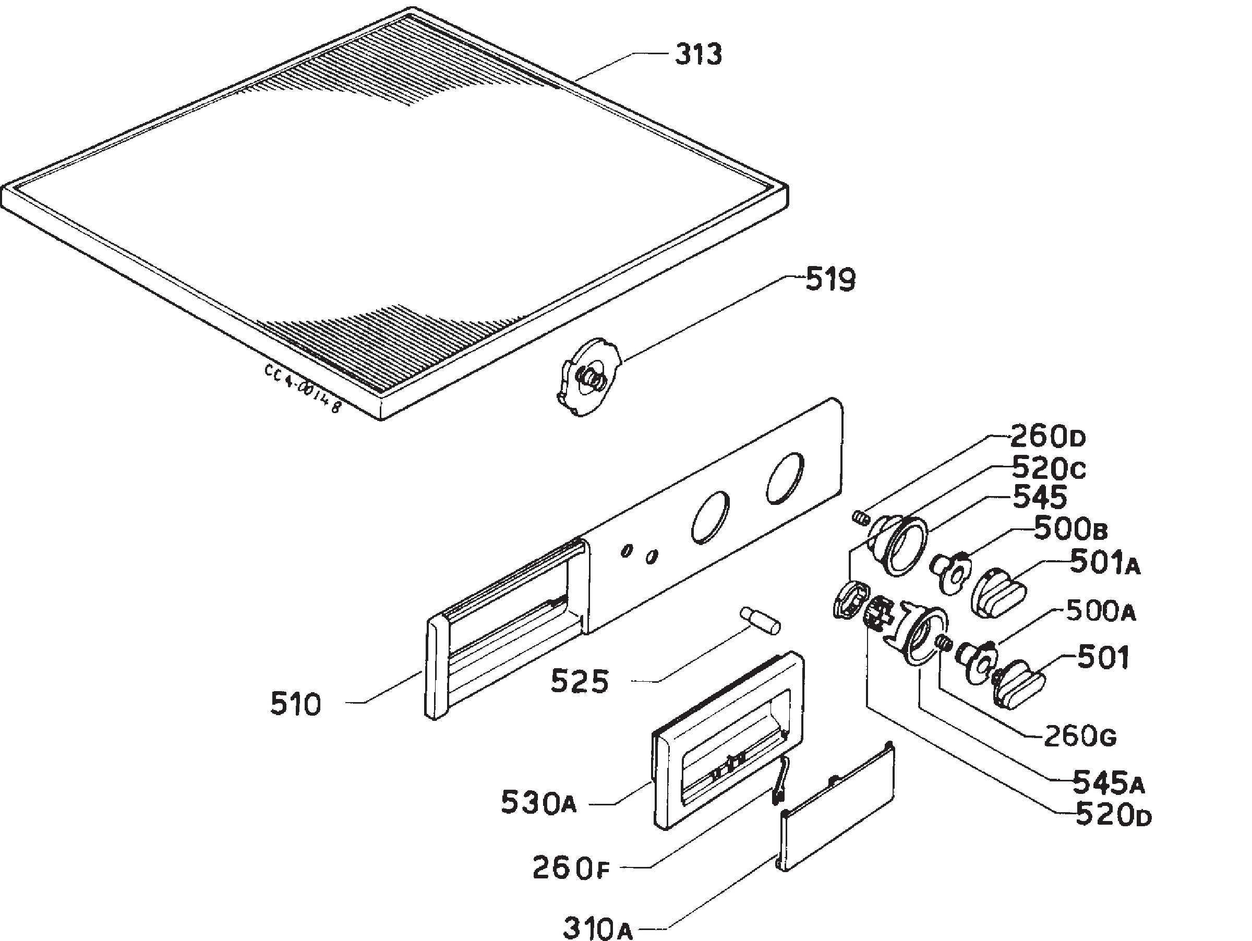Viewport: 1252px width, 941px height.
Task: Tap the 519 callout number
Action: point(830,280)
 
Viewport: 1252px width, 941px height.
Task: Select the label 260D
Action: point(1048,436)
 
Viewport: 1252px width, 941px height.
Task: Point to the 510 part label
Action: point(295,705)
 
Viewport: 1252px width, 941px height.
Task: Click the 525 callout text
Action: point(580,681)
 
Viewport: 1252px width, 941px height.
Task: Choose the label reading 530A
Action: point(538,803)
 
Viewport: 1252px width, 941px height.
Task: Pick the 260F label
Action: point(571,867)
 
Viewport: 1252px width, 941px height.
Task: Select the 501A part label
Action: point(1105,563)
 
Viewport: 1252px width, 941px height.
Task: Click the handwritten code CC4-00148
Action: point(303,388)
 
